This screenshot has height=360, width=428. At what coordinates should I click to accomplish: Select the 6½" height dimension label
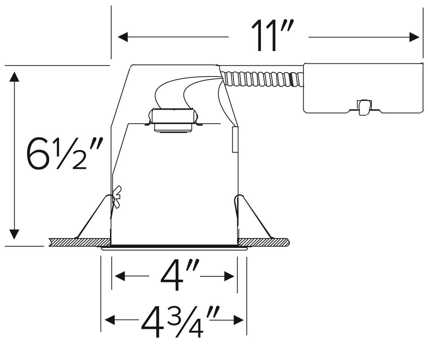tap(65, 153)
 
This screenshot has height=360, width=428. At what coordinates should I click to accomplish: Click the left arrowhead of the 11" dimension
tap(122, 37)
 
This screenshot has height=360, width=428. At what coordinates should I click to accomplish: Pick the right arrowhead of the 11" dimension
tap(414, 37)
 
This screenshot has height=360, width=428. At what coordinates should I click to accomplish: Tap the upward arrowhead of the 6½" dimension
tap(14, 76)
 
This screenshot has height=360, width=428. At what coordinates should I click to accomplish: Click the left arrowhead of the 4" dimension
tap(120, 276)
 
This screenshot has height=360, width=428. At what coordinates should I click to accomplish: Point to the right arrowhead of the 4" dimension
tap(229, 276)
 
